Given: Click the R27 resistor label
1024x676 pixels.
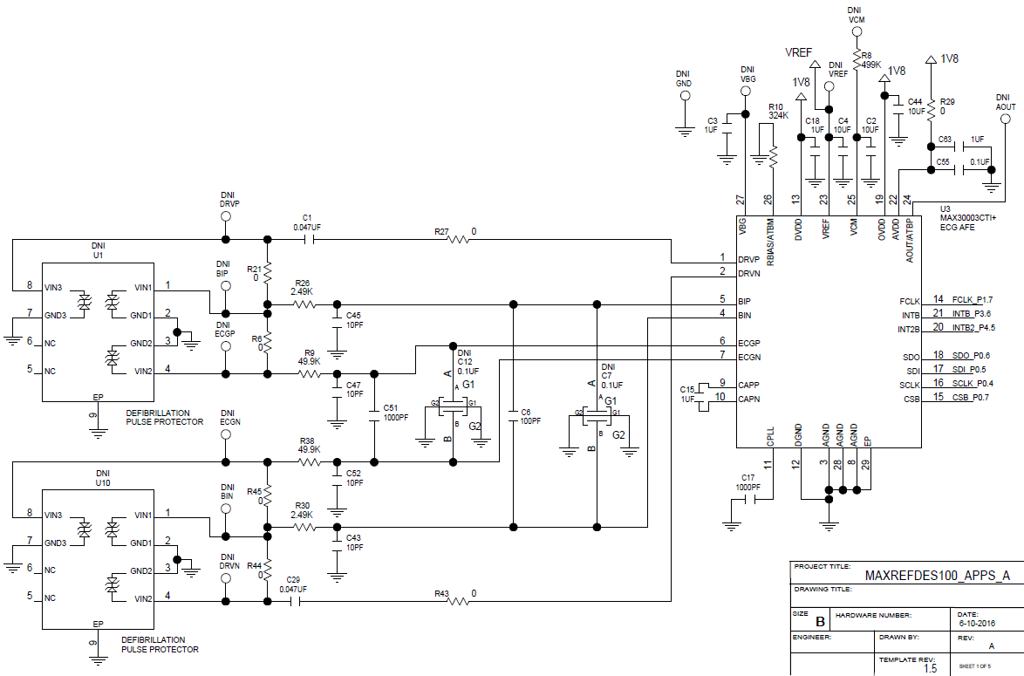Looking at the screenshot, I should click(441, 232).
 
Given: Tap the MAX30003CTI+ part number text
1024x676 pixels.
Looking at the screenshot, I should click(967, 217).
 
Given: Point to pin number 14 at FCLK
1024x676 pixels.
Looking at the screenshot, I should click(938, 300).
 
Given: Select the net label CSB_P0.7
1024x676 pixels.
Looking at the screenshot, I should click(971, 398).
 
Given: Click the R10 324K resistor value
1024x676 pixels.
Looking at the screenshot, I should click(779, 115).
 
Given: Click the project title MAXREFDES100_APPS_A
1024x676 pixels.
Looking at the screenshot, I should click(937, 576).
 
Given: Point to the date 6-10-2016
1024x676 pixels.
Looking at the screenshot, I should click(977, 624).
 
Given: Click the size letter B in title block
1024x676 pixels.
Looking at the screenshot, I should click(820, 621).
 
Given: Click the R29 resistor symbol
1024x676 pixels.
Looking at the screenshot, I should click(931, 109).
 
